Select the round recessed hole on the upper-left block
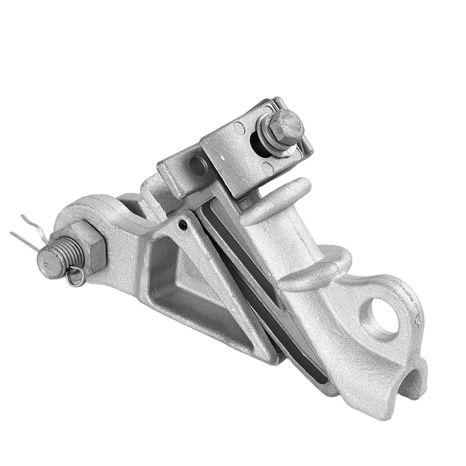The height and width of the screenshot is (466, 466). pyautogui.click(x=198, y=166)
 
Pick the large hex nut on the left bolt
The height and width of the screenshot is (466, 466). pyautogui.click(x=87, y=248)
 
